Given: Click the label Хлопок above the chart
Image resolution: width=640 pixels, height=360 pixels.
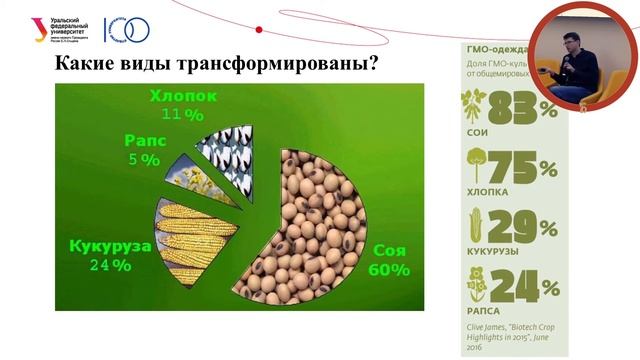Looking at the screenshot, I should pyautogui.click(x=181, y=96).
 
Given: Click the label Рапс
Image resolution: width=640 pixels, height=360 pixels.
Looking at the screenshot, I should pyautogui.click(x=145, y=141).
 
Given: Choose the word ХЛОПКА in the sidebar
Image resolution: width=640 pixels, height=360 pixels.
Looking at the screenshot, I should pyautogui.click(x=489, y=191).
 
